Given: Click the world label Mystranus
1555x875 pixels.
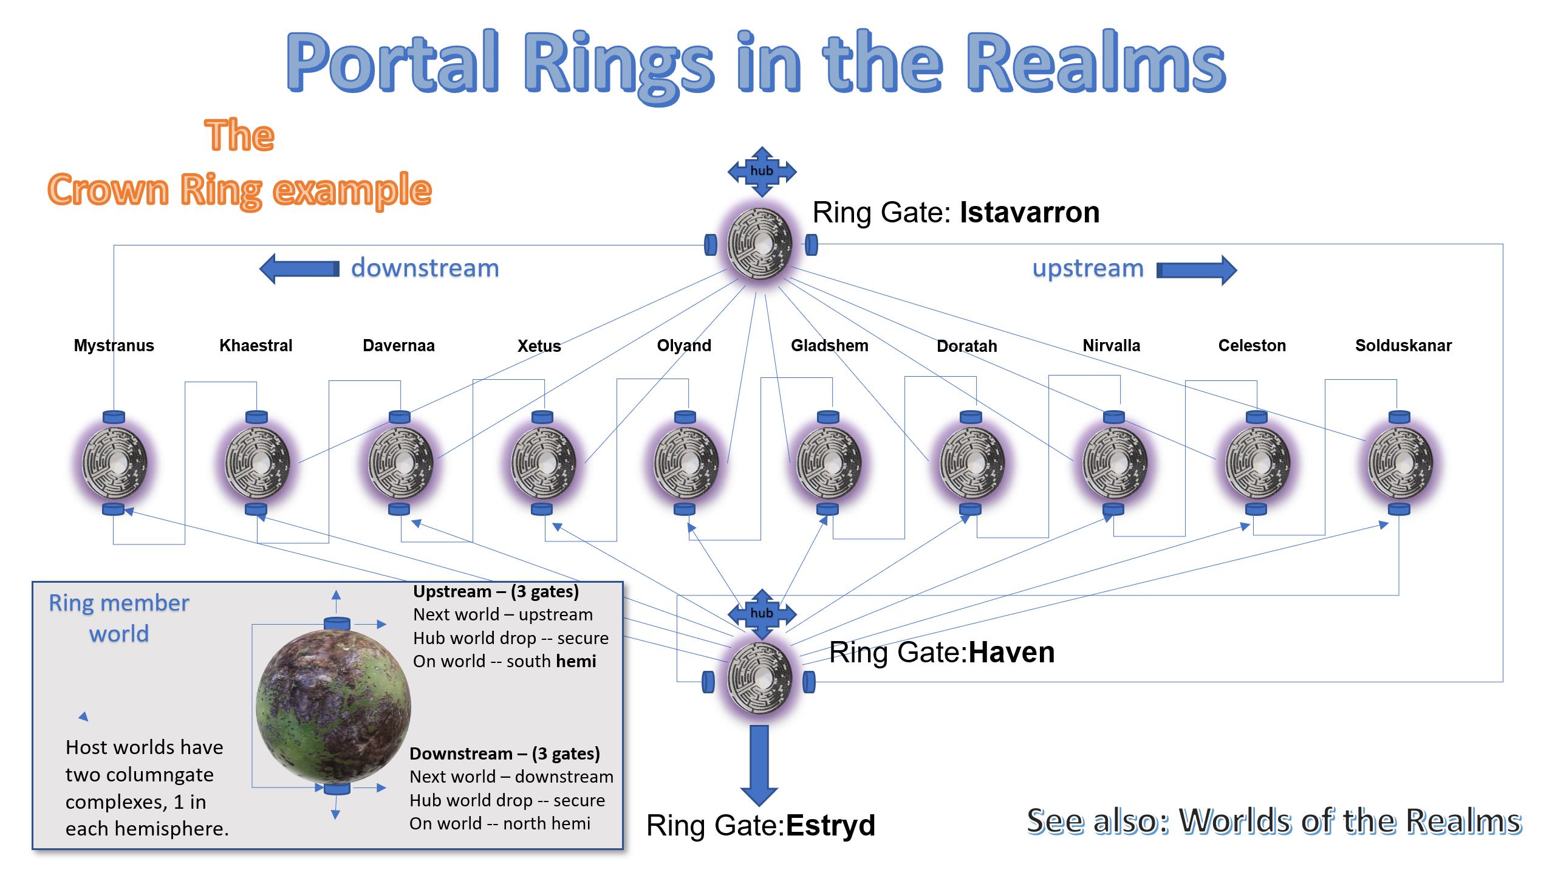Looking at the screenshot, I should click(114, 346).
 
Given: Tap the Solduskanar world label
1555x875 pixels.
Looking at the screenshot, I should click(1403, 346).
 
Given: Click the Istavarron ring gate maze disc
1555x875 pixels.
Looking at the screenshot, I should click(760, 243).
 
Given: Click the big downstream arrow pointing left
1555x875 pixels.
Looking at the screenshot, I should click(299, 269).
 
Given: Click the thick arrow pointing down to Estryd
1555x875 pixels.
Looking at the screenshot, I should click(759, 766).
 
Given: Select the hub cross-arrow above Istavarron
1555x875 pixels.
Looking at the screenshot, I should click(762, 171).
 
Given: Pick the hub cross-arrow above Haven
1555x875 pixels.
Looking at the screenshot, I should click(762, 614).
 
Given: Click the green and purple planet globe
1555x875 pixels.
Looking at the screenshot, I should click(333, 705).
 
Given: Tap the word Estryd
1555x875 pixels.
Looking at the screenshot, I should click(830, 825).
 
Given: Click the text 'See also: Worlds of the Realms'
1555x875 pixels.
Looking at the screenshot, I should click(1274, 822).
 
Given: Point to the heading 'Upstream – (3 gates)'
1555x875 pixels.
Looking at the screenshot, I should click(496, 591).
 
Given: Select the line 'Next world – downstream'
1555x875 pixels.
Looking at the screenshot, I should click(511, 777).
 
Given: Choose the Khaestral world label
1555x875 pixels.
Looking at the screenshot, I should click(256, 346).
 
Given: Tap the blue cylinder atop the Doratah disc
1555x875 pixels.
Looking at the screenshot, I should click(971, 417).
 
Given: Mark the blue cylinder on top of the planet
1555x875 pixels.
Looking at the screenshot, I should click(337, 623).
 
